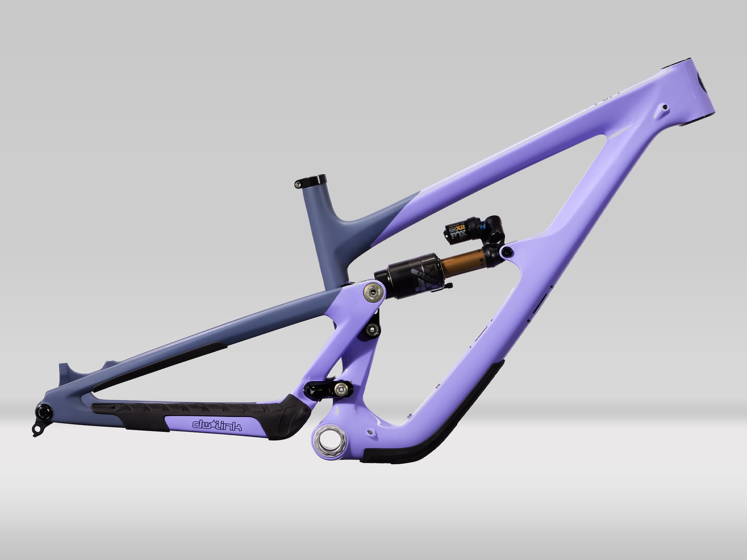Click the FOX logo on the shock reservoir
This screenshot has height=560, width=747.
point(459,235)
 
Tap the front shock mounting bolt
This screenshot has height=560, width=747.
point(506,251)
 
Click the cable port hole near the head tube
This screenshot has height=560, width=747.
point(665,107)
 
